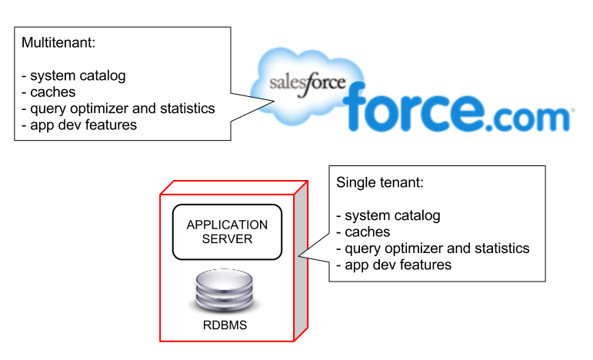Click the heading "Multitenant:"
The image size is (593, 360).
pyautogui.click(x=58, y=44)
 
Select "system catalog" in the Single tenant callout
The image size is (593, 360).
pyautogui.click(x=392, y=215)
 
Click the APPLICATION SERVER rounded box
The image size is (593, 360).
pyautogui.click(x=227, y=232)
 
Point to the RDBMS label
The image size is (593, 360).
pyautogui.click(x=225, y=325)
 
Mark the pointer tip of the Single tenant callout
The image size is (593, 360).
pyautogui.click(x=299, y=258)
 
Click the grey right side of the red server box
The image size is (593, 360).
pyautogui.click(x=301, y=262)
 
